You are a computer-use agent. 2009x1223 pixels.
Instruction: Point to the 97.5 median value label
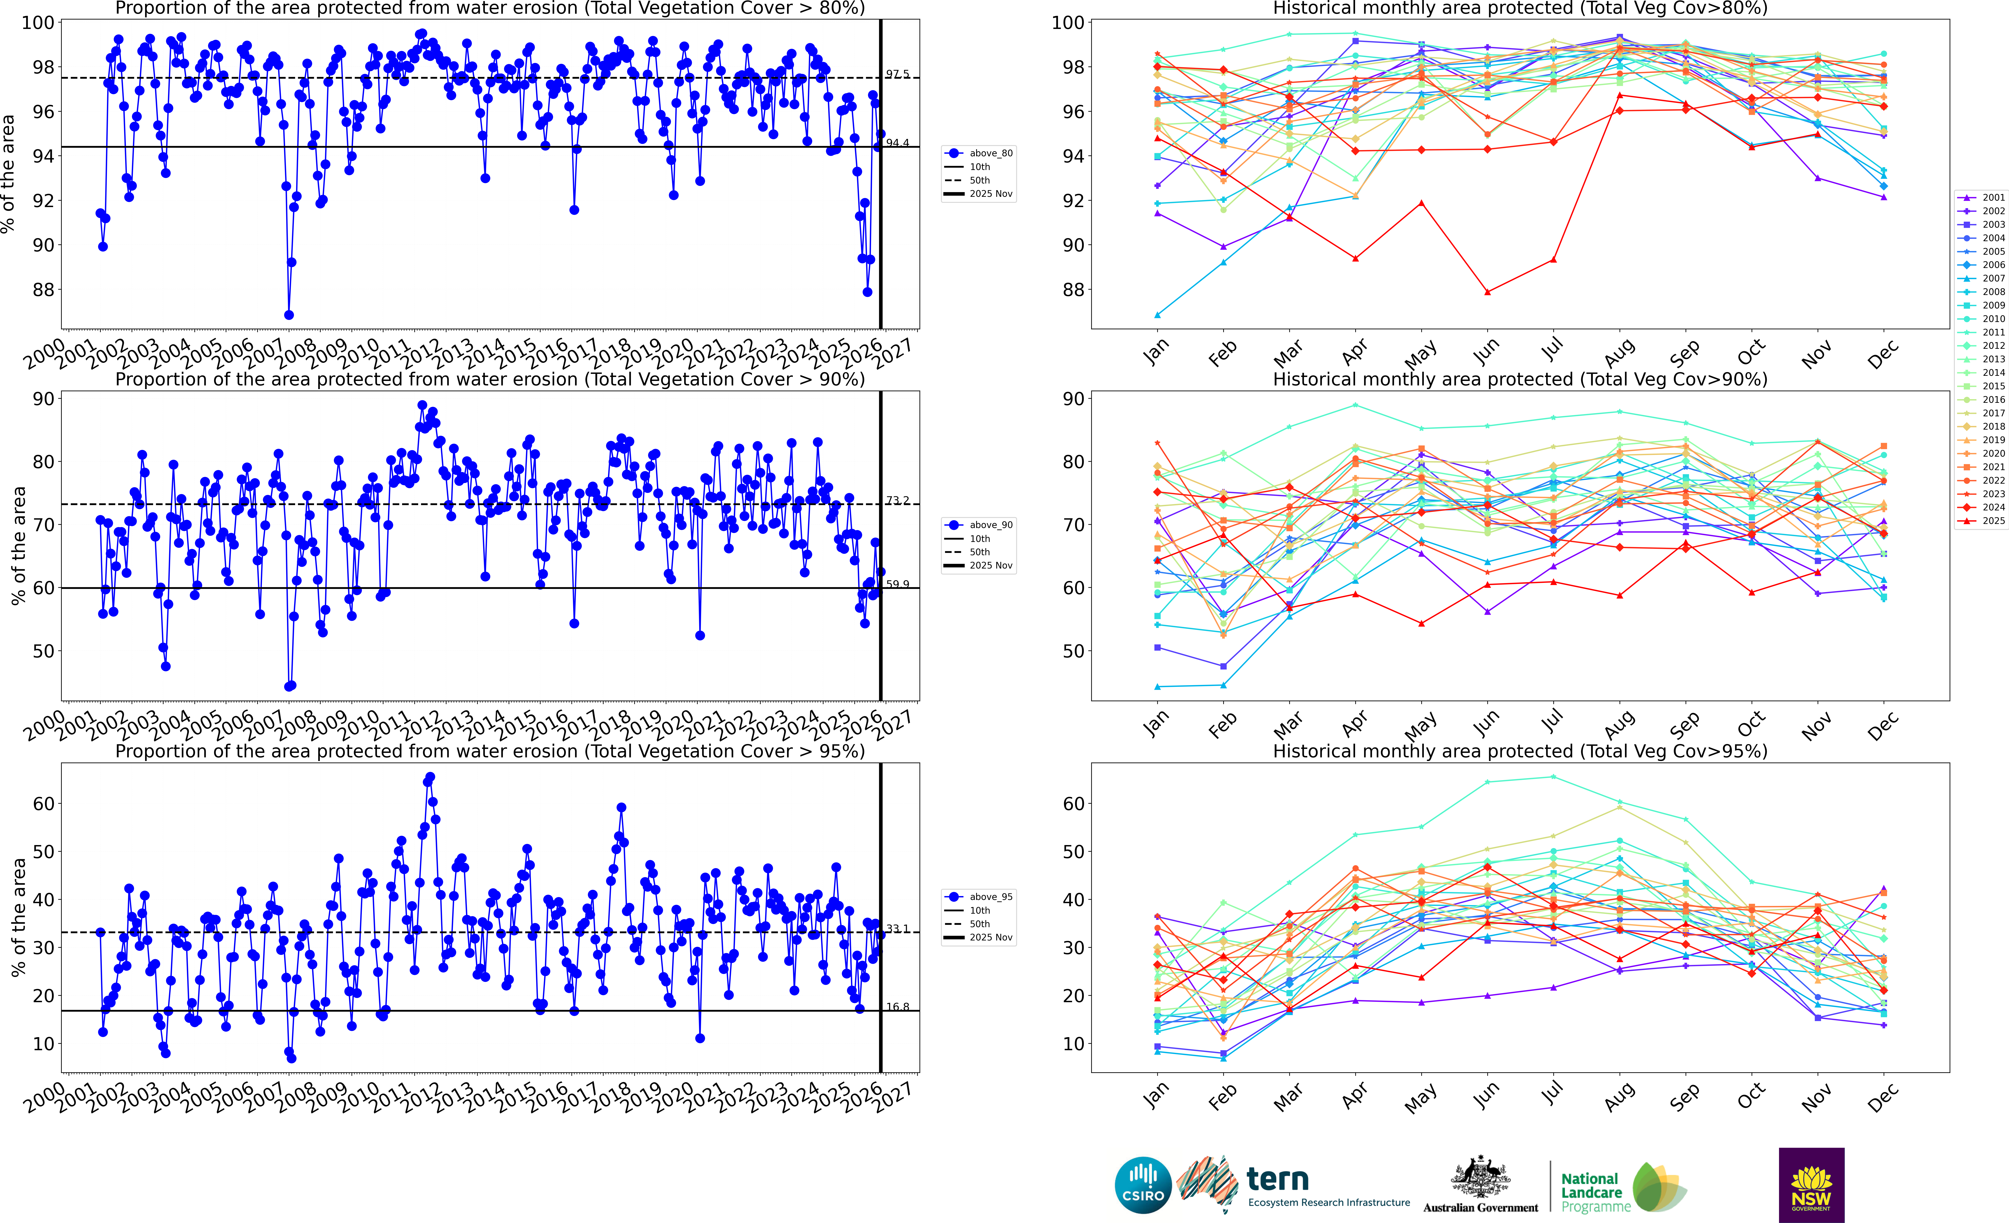898,74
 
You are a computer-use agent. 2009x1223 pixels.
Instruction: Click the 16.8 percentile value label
898,1007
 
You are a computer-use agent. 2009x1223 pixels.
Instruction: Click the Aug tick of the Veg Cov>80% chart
1619,352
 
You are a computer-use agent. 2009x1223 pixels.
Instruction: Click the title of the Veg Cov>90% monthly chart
1520,379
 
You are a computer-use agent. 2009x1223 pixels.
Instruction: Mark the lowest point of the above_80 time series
289,315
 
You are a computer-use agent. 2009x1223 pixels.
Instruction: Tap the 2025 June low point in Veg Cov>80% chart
1487,292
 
